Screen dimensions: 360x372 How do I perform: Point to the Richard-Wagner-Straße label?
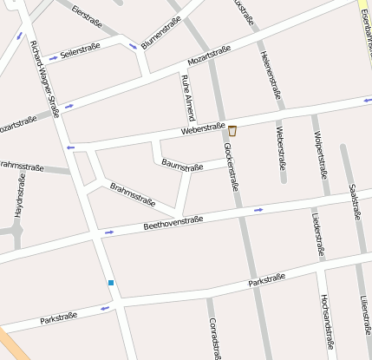(44, 78)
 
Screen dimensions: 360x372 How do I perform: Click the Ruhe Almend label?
(188, 97)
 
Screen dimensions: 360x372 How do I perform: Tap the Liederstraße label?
(317, 232)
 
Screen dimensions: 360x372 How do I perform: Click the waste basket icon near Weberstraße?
(232, 132)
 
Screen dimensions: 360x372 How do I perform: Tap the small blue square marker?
(111, 283)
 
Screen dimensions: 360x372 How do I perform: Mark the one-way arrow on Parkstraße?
(106, 308)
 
